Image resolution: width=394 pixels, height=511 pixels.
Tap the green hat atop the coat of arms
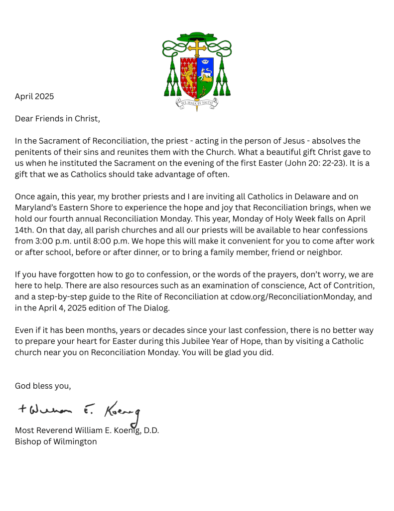pos(197,36)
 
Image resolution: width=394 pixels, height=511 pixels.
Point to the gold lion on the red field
pos(189,75)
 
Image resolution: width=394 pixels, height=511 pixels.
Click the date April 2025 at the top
pos(34,96)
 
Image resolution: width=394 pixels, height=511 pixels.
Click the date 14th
pos(24,230)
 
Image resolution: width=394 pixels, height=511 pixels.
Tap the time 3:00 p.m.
pos(54,241)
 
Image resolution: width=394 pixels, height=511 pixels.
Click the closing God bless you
pos(43,386)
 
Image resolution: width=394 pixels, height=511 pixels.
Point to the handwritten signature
pos(80,410)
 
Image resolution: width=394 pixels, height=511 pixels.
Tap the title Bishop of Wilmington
pos(56,442)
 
